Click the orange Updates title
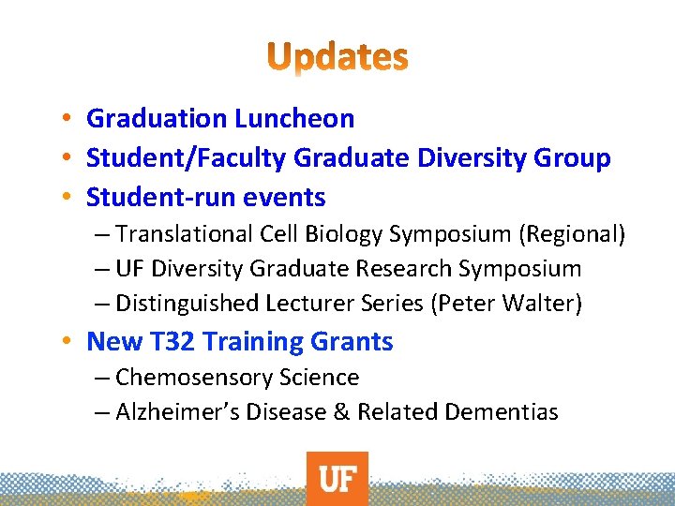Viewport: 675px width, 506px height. (x=337, y=57)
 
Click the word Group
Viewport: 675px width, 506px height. (x=573, y=158)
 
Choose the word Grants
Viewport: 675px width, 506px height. (x=351, y=342)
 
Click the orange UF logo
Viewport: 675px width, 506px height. (x=337, y=479)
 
